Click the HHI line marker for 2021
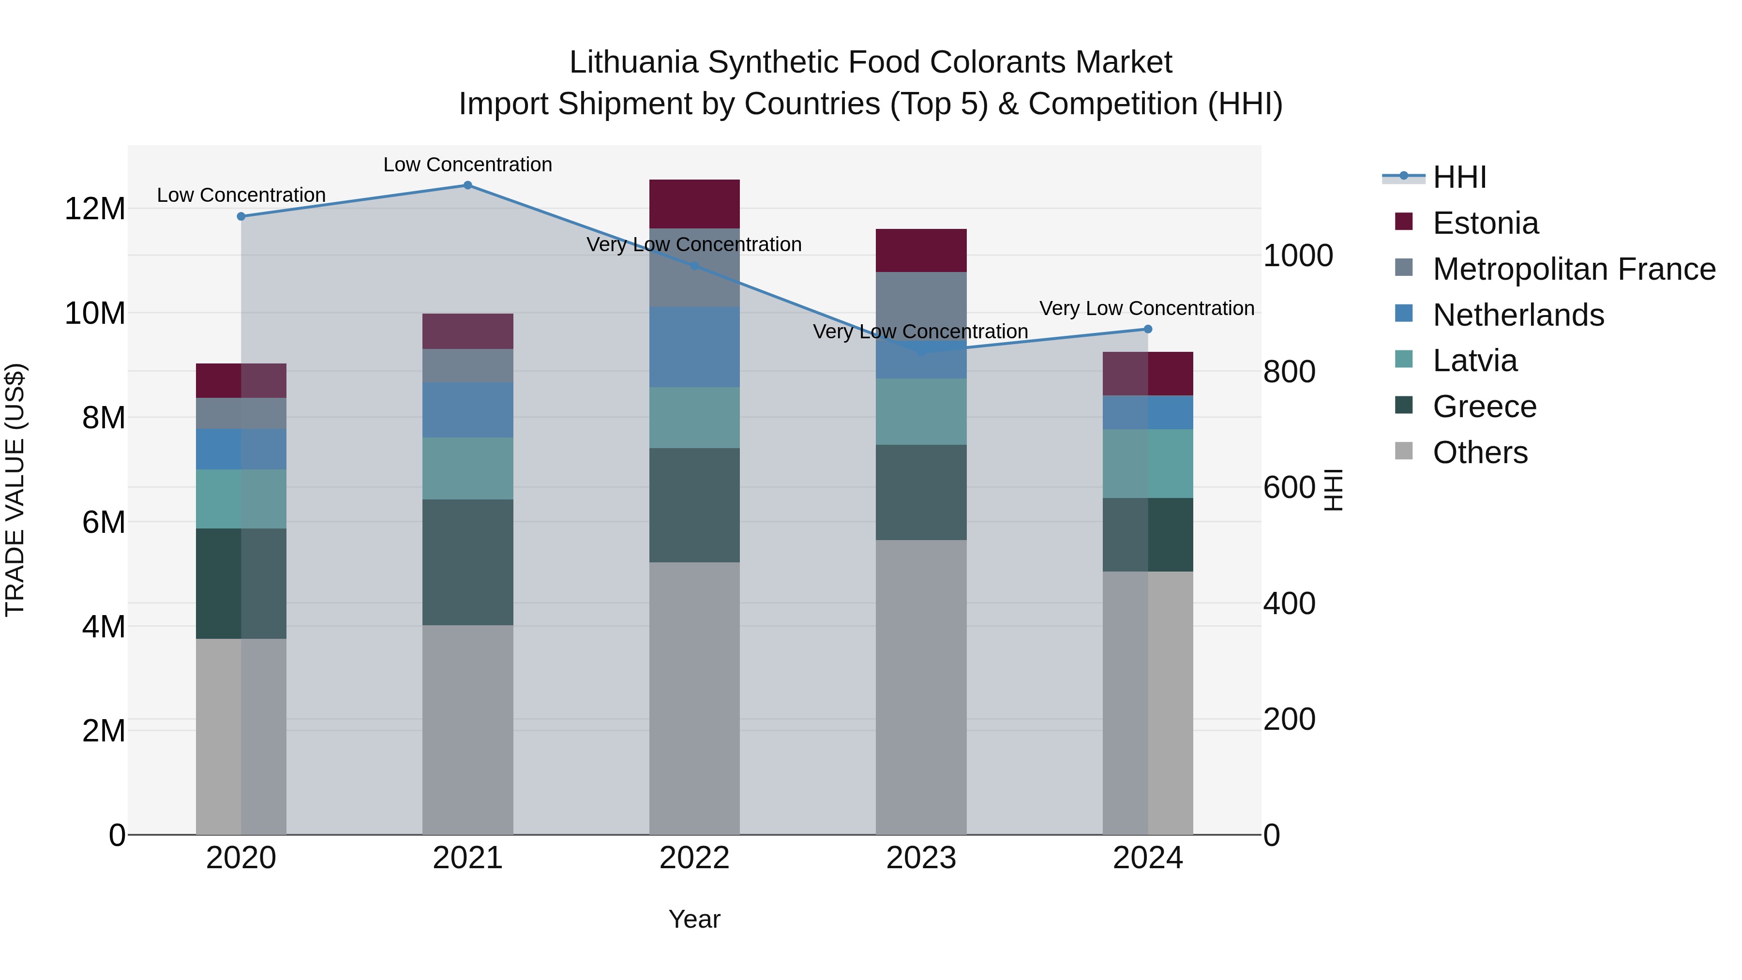(467, 185)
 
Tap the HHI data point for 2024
(1148, 330)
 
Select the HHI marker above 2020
(241, 216)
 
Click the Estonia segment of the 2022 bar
(694, 204)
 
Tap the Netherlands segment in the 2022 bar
(694, 347)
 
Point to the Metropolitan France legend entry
(1574, 269)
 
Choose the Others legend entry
(1480, 452)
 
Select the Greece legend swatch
(1404, 406)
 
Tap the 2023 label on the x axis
(921, 858)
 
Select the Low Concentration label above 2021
(467, 165)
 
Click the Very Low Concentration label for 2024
(1146, 308)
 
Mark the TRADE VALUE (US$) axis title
(15, 490)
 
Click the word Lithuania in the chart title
(633, 62)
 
